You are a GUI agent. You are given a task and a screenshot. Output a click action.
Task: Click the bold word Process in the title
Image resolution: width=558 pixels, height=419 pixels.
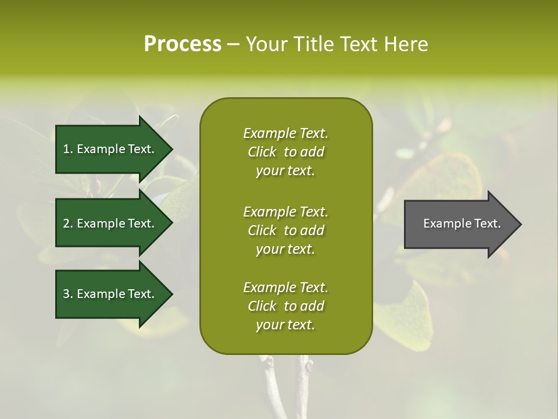[183, 44]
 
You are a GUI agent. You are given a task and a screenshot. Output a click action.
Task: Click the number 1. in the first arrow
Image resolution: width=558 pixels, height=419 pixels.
[67, 149]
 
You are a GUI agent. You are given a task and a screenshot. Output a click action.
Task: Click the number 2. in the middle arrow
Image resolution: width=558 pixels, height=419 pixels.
[67, 223]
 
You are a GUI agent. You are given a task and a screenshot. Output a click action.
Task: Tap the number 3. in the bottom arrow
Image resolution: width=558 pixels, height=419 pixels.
[67, 294]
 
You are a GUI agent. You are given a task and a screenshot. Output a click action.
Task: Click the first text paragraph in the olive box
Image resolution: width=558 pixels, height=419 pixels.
[285, 152]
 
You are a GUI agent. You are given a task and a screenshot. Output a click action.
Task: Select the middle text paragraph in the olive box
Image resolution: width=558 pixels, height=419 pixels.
[285, 230]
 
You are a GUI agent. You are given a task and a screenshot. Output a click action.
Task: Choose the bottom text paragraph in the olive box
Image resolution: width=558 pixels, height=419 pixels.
[285, 306]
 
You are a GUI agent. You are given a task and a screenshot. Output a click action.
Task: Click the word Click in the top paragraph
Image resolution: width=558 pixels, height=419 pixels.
[262, 152]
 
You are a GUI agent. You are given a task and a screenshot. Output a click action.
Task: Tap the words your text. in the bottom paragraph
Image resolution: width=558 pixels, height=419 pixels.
[285, 325]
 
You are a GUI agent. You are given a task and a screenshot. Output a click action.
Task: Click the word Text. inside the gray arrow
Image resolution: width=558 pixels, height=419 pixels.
[486, 223]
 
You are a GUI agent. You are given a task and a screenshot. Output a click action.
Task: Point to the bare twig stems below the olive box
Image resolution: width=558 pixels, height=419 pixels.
[288, 384]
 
